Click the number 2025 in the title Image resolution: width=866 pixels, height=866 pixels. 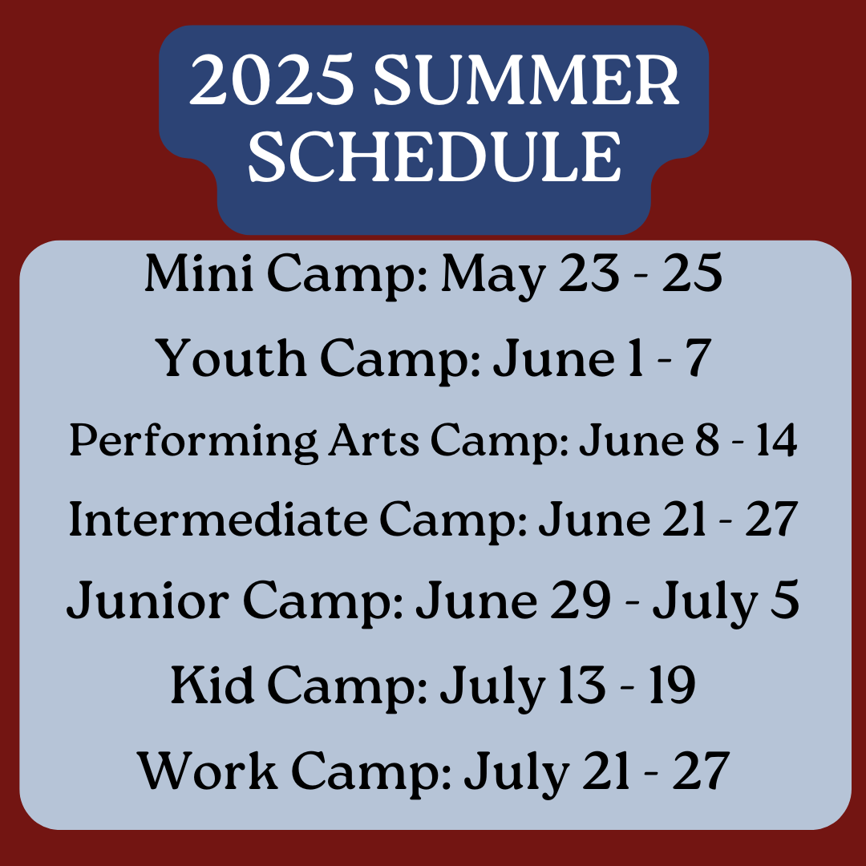(272, 79)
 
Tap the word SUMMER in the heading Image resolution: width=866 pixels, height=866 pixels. (526, 79)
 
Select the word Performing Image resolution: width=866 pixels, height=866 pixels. (193, 443)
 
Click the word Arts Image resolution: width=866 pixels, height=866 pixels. (374, 440)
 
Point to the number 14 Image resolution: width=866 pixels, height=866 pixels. (776, 441)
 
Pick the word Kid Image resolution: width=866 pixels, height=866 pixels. (212, 685)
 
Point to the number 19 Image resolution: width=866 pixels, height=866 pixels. (672, 686)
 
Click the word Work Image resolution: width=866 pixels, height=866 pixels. (208, 771)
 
